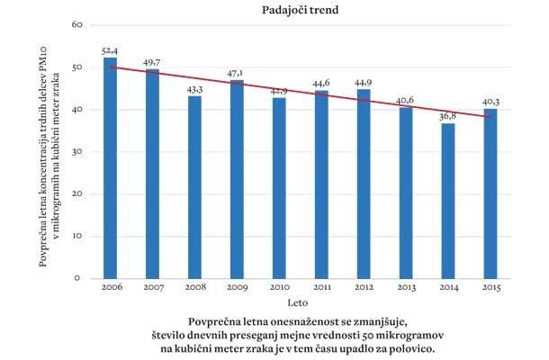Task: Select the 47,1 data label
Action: (237, 73)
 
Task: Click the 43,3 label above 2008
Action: (193, 89)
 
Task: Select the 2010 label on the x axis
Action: (279, 288)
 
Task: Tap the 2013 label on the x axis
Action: (407, 288)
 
